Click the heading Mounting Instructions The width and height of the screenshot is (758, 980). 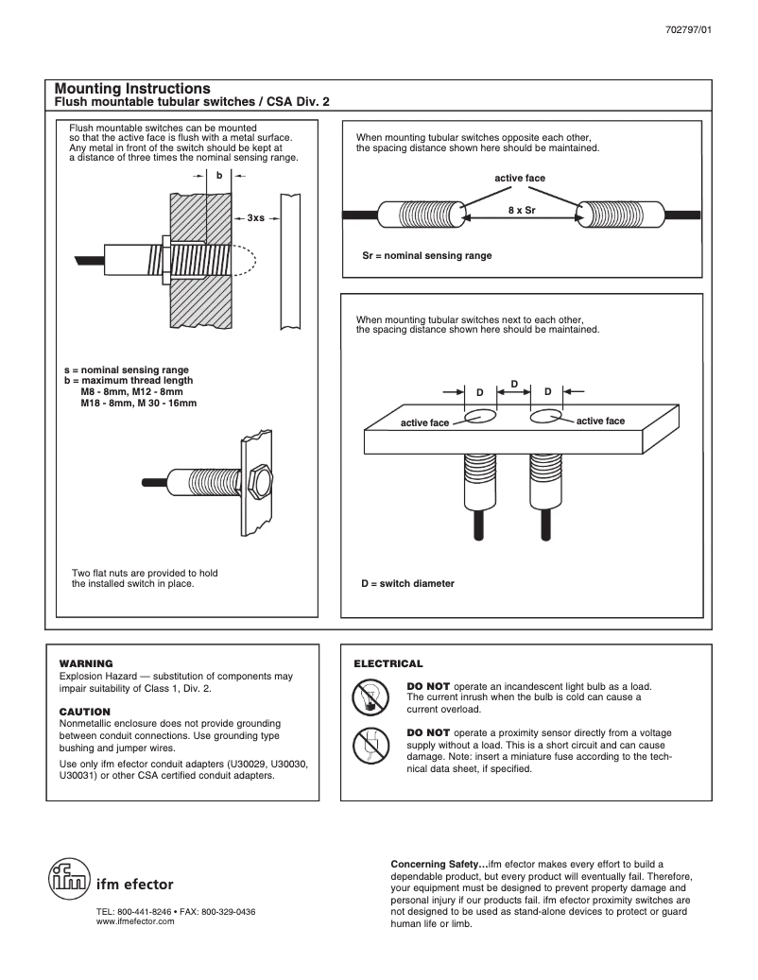click(x=132, y=88)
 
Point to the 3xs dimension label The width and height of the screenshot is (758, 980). click(x=256, y=218)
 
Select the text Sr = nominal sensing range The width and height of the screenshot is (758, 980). click(x=427, y=255)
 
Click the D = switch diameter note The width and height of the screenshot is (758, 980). click(x=407, y=583)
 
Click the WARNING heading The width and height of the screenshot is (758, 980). click(x=86, y=663)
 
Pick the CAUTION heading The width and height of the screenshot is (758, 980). click(x=85, y=711)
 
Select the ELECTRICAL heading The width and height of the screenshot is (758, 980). click(x=388, y=663)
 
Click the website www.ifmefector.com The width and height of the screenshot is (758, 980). click(x=136, y=921)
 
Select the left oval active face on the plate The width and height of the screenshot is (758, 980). click(x=482, y=415)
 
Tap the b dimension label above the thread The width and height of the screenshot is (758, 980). click(x=219, y=176)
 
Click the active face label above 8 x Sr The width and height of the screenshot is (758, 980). click(x=520, y=178)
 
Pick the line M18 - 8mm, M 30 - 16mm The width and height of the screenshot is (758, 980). click(x=139, y=403)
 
